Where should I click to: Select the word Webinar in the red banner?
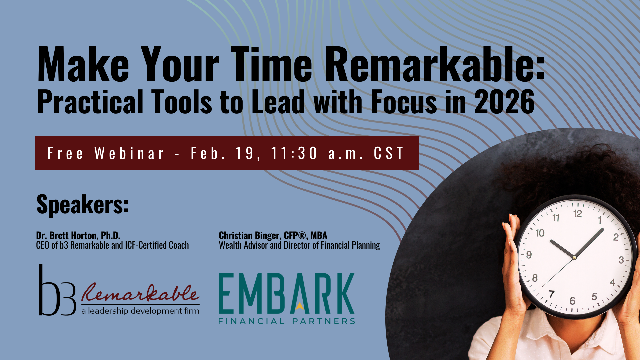(x=129, y=153)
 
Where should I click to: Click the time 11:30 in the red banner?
(x=294, y=153)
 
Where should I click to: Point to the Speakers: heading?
(x=82, y=204)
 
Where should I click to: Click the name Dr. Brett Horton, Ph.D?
(x=78, y=236)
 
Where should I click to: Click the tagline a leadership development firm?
(x=140, y=311)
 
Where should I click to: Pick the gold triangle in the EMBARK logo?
(x=300, y=306)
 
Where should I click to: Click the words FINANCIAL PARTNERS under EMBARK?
(x=287, y=321)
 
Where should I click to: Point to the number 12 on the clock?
(x=578, y=214)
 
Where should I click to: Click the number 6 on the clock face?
(x=572, y=301)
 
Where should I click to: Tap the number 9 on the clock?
(x=529, y=255)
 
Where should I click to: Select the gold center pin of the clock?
(x=574, y=258)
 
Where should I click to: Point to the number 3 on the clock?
(x=621, y=260)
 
